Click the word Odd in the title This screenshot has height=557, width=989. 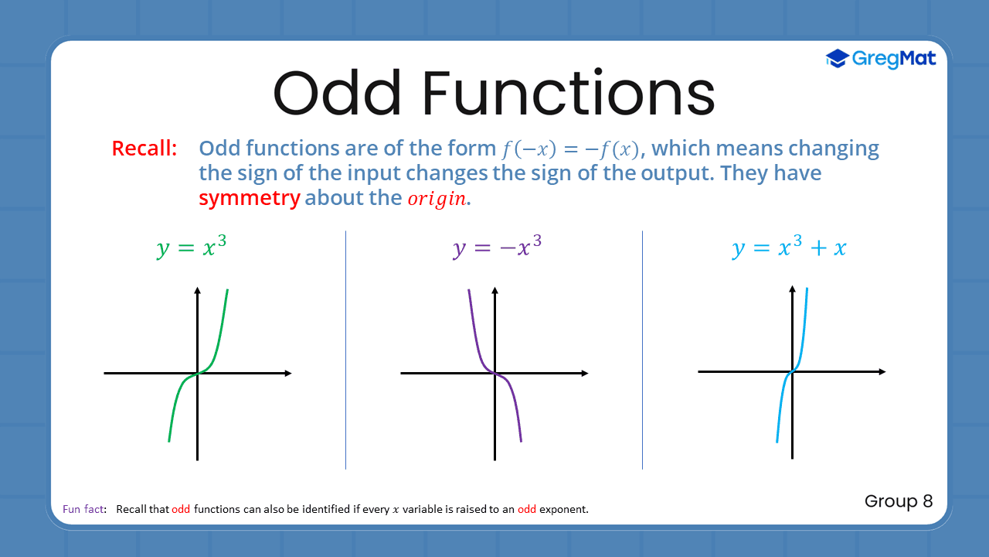[337, 94]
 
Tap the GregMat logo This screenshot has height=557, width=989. [881, 59]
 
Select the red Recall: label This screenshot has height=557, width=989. [144, 149]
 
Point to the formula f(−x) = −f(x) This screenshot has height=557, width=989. [568, 149]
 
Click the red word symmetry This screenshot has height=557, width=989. [249, 198]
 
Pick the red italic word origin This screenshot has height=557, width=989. [437, 199]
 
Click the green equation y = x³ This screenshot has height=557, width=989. [192, 248]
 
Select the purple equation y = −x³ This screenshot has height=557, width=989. [497, 248]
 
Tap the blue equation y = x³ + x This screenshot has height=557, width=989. [789, 248]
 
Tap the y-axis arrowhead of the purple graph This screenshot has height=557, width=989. [494, 291]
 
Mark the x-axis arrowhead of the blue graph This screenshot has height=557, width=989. [882, 372]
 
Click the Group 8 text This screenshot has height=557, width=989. [899, 501]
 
